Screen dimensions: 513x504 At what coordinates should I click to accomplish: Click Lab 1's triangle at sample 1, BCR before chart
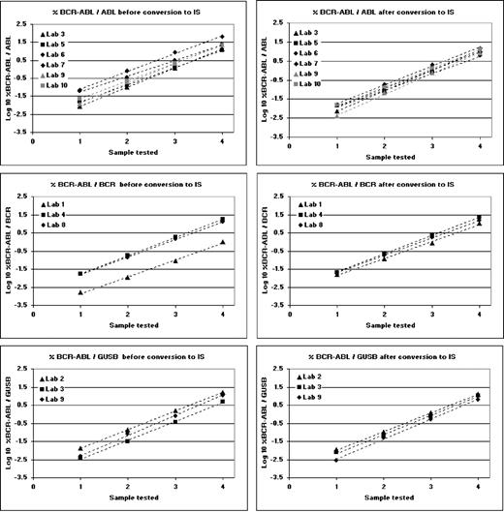[x=80, y=291]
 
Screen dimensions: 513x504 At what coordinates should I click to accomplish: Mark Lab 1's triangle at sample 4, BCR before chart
[x=223, y=242]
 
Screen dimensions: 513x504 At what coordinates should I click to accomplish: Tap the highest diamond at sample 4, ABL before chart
[x=223, y=37]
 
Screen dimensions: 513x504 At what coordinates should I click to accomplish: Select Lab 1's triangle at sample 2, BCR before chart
[x=128, y=277]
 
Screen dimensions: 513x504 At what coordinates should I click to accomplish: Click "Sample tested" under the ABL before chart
[x=129, y=152]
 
